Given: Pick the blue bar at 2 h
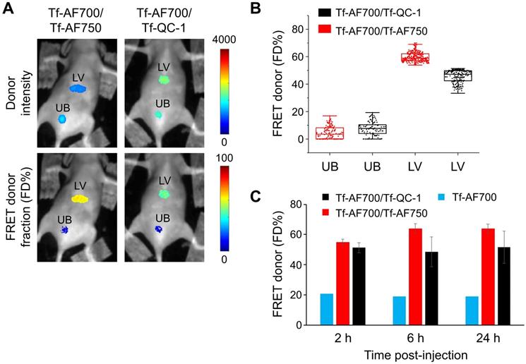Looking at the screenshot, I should pyautogui.click(x=326, y=309).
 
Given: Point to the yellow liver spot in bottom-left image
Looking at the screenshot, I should pyautogui.click(x=78, y=199).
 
